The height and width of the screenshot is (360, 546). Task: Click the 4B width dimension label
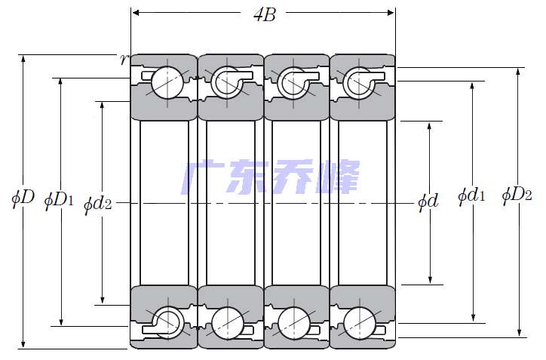click(x=263, y=14)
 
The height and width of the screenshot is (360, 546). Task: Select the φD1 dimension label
click(x=59, y=199)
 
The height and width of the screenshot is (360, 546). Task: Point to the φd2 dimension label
click(x=98, y=203)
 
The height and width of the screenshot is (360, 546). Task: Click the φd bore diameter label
click(x=428, y=202)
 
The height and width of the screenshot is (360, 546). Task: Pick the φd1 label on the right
click(x=471, y=197)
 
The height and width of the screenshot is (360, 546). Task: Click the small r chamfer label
click(x=124, y=59)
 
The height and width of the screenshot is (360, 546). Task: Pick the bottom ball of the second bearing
click(x=226, y=323)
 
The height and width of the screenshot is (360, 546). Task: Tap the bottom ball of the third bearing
click(x=293, y=323)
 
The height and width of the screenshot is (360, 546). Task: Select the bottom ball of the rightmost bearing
click(x=358, y=323)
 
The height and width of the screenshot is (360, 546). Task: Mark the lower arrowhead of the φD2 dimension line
click(x=518, y=333)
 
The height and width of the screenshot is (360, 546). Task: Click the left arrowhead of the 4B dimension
click(x=136, y=13)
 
